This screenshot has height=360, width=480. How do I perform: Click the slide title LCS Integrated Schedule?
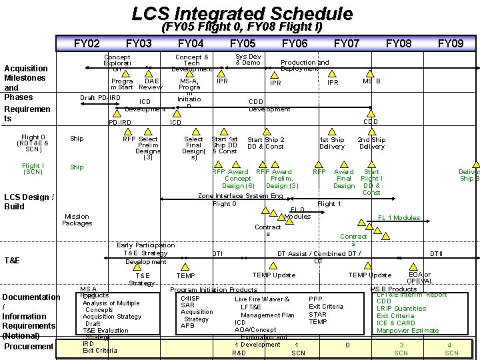(x=242, y=13)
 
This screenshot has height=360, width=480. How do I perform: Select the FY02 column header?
(x=87, y=44)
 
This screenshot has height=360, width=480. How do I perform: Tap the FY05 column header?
(x=242, y=44)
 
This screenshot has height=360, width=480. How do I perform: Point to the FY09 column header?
(x=450, y=44)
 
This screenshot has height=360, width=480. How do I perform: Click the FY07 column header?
(x=346, y=44)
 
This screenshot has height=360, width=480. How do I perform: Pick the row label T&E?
(x=15, y=260)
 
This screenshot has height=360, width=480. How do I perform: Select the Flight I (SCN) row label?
(x=33, y=169)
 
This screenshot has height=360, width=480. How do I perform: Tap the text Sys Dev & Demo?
(x=248, y=59)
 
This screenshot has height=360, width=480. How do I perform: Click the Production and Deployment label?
(x=305, y=65)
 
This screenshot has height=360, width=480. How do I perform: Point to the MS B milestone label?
(x=371, y=81)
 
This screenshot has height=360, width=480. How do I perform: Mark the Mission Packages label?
(x=77, y=219)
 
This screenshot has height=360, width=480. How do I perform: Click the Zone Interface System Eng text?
(x=241, y=196)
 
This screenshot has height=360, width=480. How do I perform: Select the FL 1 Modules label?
(x=399, y=218)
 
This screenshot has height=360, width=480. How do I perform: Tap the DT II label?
(x=436, y=253)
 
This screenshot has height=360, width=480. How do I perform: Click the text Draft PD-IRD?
(x=100, y=98)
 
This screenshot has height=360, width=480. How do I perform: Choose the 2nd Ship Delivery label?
(x=372, y=143)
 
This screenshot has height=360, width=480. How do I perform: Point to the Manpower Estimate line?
(x=408, y=331)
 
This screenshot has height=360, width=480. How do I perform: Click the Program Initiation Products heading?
(x=213, y=290)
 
